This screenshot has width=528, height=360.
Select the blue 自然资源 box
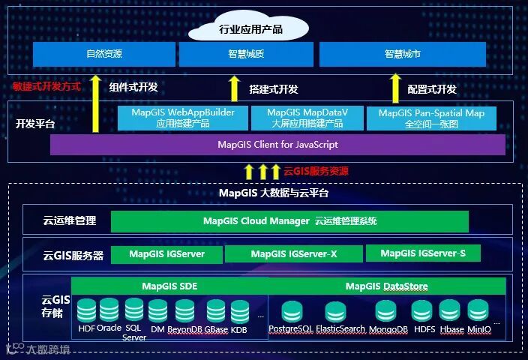tap(104, 54)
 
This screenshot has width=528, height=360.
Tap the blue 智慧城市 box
tap(403, 54)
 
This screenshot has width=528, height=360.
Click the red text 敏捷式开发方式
tap(46, 86)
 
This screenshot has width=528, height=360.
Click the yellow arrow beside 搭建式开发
tap(234, 88)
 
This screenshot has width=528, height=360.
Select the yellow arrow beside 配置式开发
tap(395, 88)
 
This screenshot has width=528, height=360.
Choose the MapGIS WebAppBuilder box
tap(178, 118)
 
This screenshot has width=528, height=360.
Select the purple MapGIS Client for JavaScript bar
tap(277, 145)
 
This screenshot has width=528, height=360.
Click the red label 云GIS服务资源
tap(315, 171)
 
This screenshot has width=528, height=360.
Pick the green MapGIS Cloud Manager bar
tap(289, 221)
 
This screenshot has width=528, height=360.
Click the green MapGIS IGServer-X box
tap(294, 254)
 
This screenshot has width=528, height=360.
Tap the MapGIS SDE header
tap(169, 286)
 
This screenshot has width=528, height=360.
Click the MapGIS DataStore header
tap(386, 286)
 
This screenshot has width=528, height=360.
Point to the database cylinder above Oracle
tap(109, 309)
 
